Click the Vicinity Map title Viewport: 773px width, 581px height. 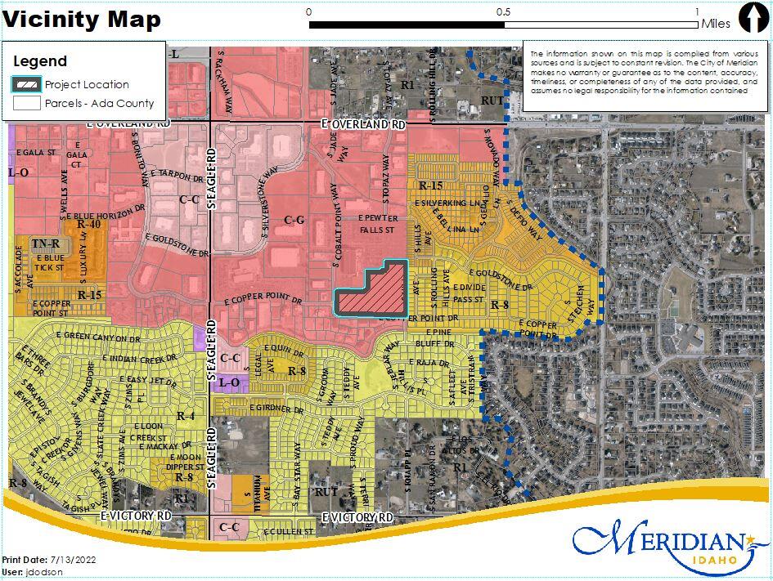tap(83, 20)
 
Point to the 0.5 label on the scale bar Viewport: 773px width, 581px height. tap(503, 12)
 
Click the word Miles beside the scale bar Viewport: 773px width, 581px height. tap(715, 25)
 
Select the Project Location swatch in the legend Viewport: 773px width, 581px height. tap(27, 84)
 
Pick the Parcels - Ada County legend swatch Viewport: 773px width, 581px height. tap(27, 104)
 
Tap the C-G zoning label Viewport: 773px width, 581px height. tap(294, 220)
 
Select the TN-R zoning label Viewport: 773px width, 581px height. tap(46, 244)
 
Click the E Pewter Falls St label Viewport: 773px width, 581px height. tap(377, 224)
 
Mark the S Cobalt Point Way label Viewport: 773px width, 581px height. tap(336, 233)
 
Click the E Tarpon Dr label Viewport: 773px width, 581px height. tap(176, 176)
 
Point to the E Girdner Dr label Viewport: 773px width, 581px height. tap(281, 407)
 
